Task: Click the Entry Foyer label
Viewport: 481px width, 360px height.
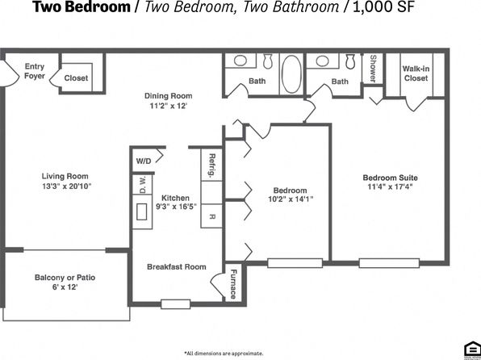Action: tap(35, 71)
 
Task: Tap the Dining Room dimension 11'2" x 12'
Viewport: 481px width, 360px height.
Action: tap(168, 106)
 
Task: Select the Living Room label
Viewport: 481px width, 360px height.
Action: tap(65, 176)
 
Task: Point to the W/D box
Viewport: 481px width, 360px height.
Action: tap(144, 161)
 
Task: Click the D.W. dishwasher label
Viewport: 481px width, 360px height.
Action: tap(143, 185)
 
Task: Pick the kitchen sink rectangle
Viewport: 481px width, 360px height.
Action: tap(142, 211)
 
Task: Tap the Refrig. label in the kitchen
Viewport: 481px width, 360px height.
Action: tap(211, 165)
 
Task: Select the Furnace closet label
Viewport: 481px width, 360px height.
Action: tap(233, 284)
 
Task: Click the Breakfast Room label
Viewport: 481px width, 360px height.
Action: tap(177, 266)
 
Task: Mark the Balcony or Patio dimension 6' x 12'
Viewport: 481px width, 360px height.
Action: tap(65, 287)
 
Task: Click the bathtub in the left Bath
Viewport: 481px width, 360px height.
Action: tap(291, 74)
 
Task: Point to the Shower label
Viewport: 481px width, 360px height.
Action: tap(373, 69)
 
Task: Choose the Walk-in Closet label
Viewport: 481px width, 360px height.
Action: tap(416, 73)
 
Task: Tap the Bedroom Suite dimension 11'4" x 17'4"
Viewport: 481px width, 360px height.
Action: tap(390, 186)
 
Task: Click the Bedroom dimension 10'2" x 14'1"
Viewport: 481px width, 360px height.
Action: tap(291, 199)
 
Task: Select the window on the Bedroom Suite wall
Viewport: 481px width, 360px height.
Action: tap(389, 263)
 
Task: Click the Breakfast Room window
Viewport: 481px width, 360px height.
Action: tap(175, 304)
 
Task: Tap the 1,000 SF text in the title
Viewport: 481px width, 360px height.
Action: tap(383, 6)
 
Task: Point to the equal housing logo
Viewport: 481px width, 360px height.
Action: tap(472, 350)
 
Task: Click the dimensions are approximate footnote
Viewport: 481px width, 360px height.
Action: tap(224, 354)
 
